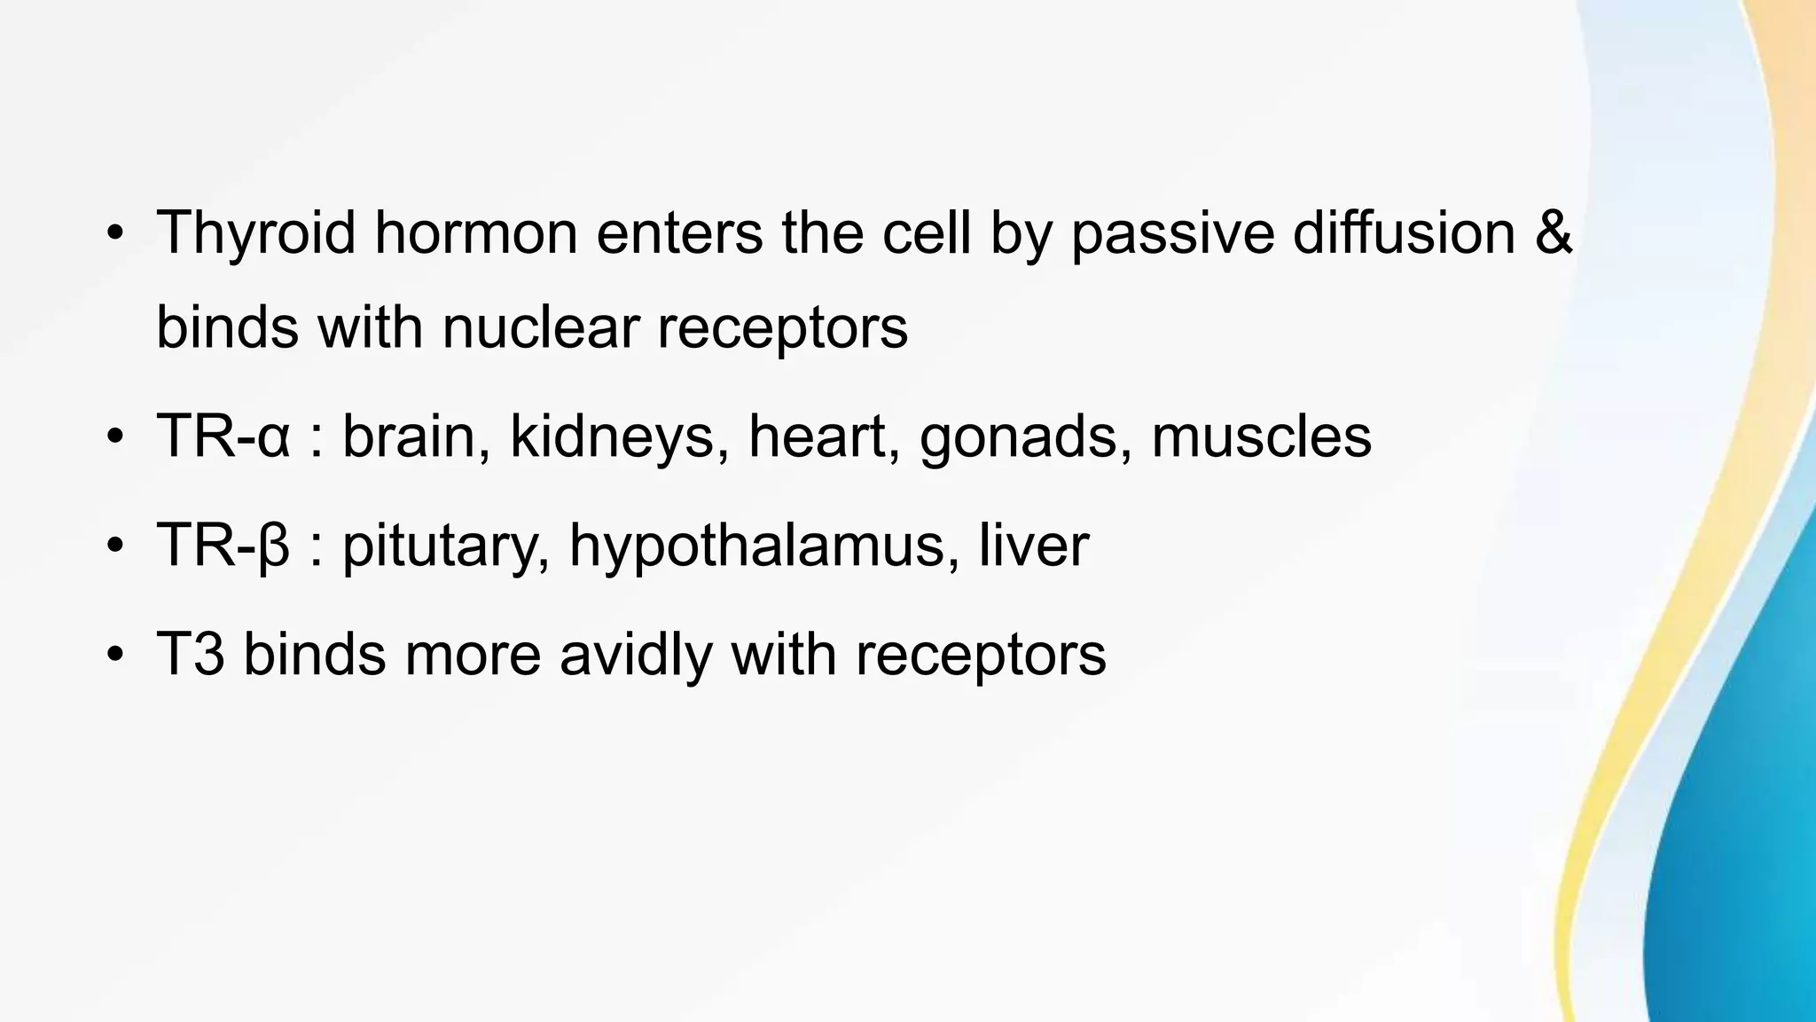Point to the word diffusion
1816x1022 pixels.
coord(1404,233)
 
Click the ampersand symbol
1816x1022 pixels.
coord(1552,233)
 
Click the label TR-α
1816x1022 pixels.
coord(223,436)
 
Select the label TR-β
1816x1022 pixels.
coord(223,546)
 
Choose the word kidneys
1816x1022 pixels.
coord(612,438)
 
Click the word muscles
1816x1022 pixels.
coord(1261,436)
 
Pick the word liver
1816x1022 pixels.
coord(1034,546)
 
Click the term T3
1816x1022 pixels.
coord(190,655)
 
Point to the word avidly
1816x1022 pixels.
coord(635,655)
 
